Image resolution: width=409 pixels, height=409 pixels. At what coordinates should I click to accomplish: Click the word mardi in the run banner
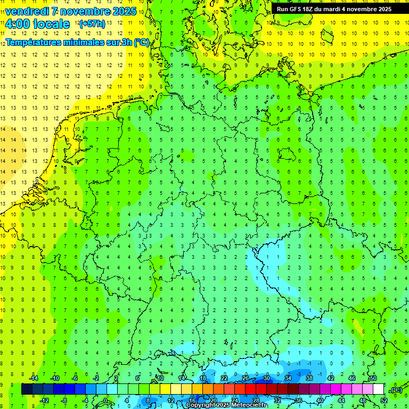tap(339, 9)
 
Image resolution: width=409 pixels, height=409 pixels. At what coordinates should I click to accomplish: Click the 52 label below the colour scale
tap(383, 400)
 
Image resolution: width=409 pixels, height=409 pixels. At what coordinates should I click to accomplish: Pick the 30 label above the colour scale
tap(267, 378)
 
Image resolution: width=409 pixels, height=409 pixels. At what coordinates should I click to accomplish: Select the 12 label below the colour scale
tap(171, 400)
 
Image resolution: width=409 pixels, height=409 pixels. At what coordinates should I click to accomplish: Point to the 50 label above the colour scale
tap(373, 378)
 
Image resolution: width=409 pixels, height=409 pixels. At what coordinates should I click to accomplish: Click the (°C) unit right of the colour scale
tap(396, 390)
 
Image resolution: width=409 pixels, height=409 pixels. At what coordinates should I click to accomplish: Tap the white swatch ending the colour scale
tap(379, 389)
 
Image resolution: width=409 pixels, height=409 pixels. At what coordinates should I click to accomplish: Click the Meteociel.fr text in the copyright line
tap(249, 405)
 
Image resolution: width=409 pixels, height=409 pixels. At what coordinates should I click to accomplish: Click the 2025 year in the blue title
tap(124, 11)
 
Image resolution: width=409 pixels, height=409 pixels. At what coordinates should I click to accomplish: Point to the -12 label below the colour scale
tap(45, 400)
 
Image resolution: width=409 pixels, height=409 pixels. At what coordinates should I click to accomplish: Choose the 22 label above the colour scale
tap(224, 378)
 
